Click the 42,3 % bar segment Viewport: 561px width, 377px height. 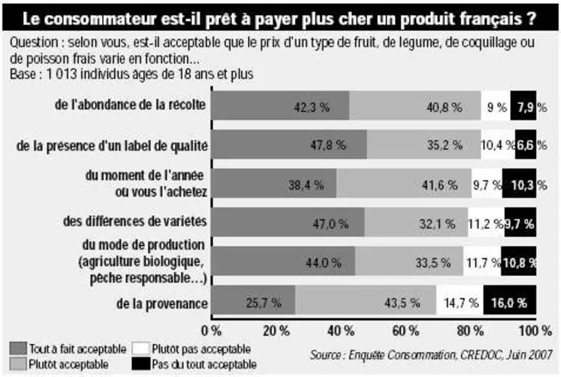pyautogui.click(x=279, y=106)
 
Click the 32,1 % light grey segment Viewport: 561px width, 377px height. pyautogui.click(x=415, y=223)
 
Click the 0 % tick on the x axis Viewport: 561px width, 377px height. pyautogui.click(x=213, y=330)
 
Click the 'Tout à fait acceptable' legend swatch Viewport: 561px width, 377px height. pyautogui.click(x=18, y=348)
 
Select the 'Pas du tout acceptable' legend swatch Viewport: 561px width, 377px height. pyautogui.click(x=140, y=364)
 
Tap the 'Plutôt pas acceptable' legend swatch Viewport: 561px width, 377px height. pyautogui.click(x=140, y=348)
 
